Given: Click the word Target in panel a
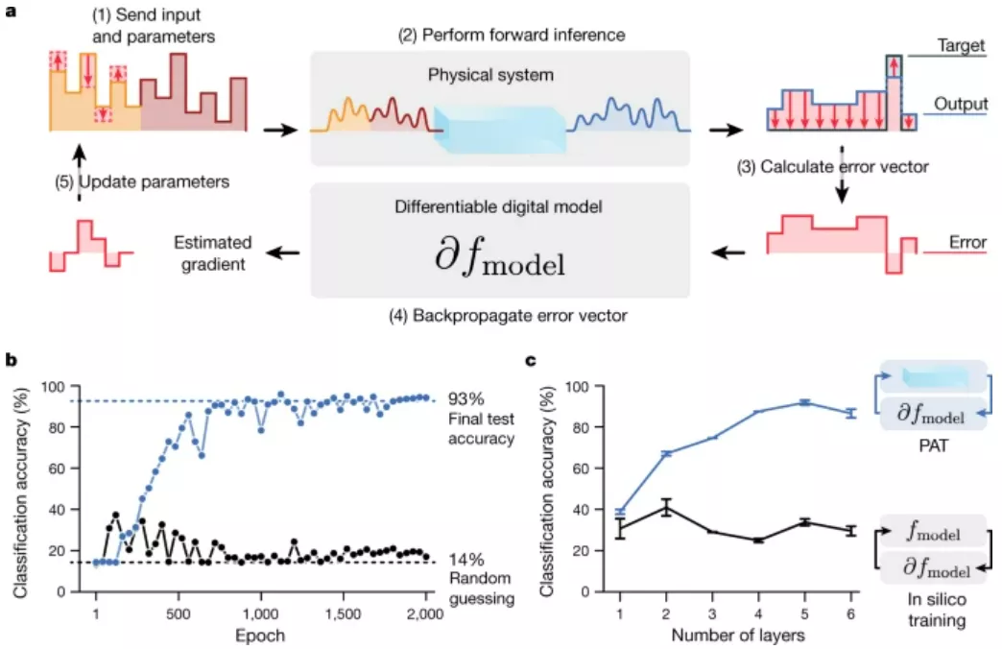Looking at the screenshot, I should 957,44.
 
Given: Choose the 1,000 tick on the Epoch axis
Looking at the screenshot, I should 260,613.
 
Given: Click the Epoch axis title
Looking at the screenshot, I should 260,635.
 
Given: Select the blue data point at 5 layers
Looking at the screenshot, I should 805,402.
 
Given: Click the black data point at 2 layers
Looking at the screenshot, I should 666,508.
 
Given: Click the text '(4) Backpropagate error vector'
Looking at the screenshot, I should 499,314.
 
